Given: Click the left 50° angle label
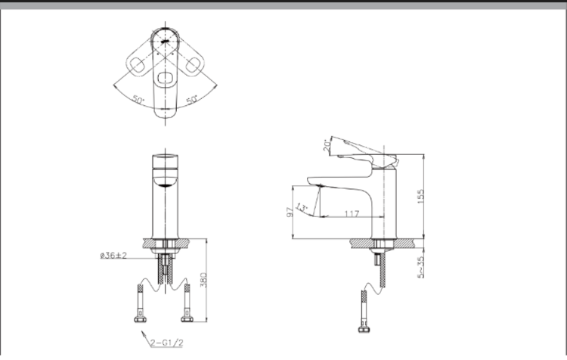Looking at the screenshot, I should pyautogui.click(x=138, y=99).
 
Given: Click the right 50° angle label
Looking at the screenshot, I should pyautogui.click(x=191, y=99).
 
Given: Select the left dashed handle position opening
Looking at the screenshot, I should pyautogui.click(x=138, y=66).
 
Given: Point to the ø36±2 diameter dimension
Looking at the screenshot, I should pyautogui.click(x=113, y=256).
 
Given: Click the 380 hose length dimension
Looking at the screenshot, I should pyautogui.click(x=201, y=282).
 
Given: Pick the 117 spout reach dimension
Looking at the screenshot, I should pyautogui.click(x=350, y=214).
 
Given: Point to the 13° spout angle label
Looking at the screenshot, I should pyautogui.click(x=303, y=205).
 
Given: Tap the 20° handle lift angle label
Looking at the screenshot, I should pyautogui.click(x=327, y=144).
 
